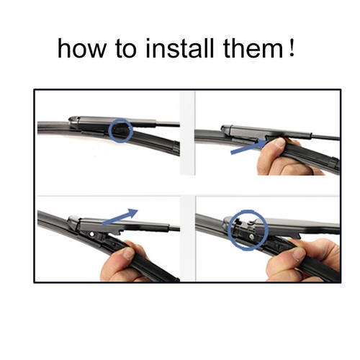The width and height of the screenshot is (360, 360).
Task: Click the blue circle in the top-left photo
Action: tap(121, 130)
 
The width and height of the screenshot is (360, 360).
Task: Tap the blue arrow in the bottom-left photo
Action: tap(120, 218)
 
